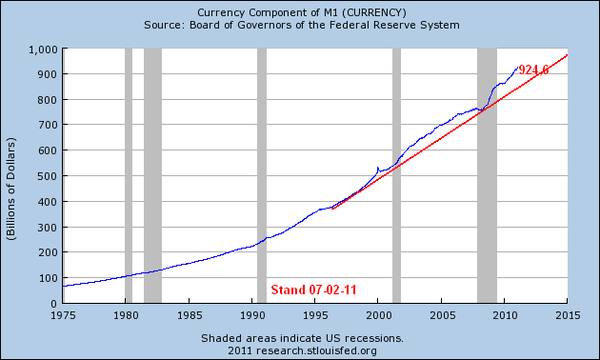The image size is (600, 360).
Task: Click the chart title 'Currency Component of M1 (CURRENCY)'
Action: (x=301, y=11)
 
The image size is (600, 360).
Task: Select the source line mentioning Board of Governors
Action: (x=301, y=25)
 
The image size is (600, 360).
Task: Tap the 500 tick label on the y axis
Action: (x=47, y=175)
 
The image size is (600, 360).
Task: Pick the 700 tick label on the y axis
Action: (x=47, y=125)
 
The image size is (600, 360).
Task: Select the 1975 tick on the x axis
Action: (x=63, y=314)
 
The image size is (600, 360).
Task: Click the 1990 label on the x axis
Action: (x=252, y=314)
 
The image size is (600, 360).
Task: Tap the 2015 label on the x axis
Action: (x=568, y=314)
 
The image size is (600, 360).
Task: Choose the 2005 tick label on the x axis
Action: (x=442, y=314)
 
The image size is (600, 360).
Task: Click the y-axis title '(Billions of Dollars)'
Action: (x=12, y=175)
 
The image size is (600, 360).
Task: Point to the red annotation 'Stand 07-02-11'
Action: (x=313, y=290)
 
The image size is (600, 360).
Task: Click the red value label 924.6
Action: (x=533, y=70)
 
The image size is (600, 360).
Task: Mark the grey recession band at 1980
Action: (x=129, y=175)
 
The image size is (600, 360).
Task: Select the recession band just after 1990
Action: (x=262, y=175)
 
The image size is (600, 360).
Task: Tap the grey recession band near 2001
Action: (x=396, y=175)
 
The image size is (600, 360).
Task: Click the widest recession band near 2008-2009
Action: (x=487, y=175)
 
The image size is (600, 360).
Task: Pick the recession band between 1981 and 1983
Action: (x=152, y=175)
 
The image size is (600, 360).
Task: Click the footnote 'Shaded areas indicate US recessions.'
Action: (x=301, y=338)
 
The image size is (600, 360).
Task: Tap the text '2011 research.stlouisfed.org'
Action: (x=301, y=350)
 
